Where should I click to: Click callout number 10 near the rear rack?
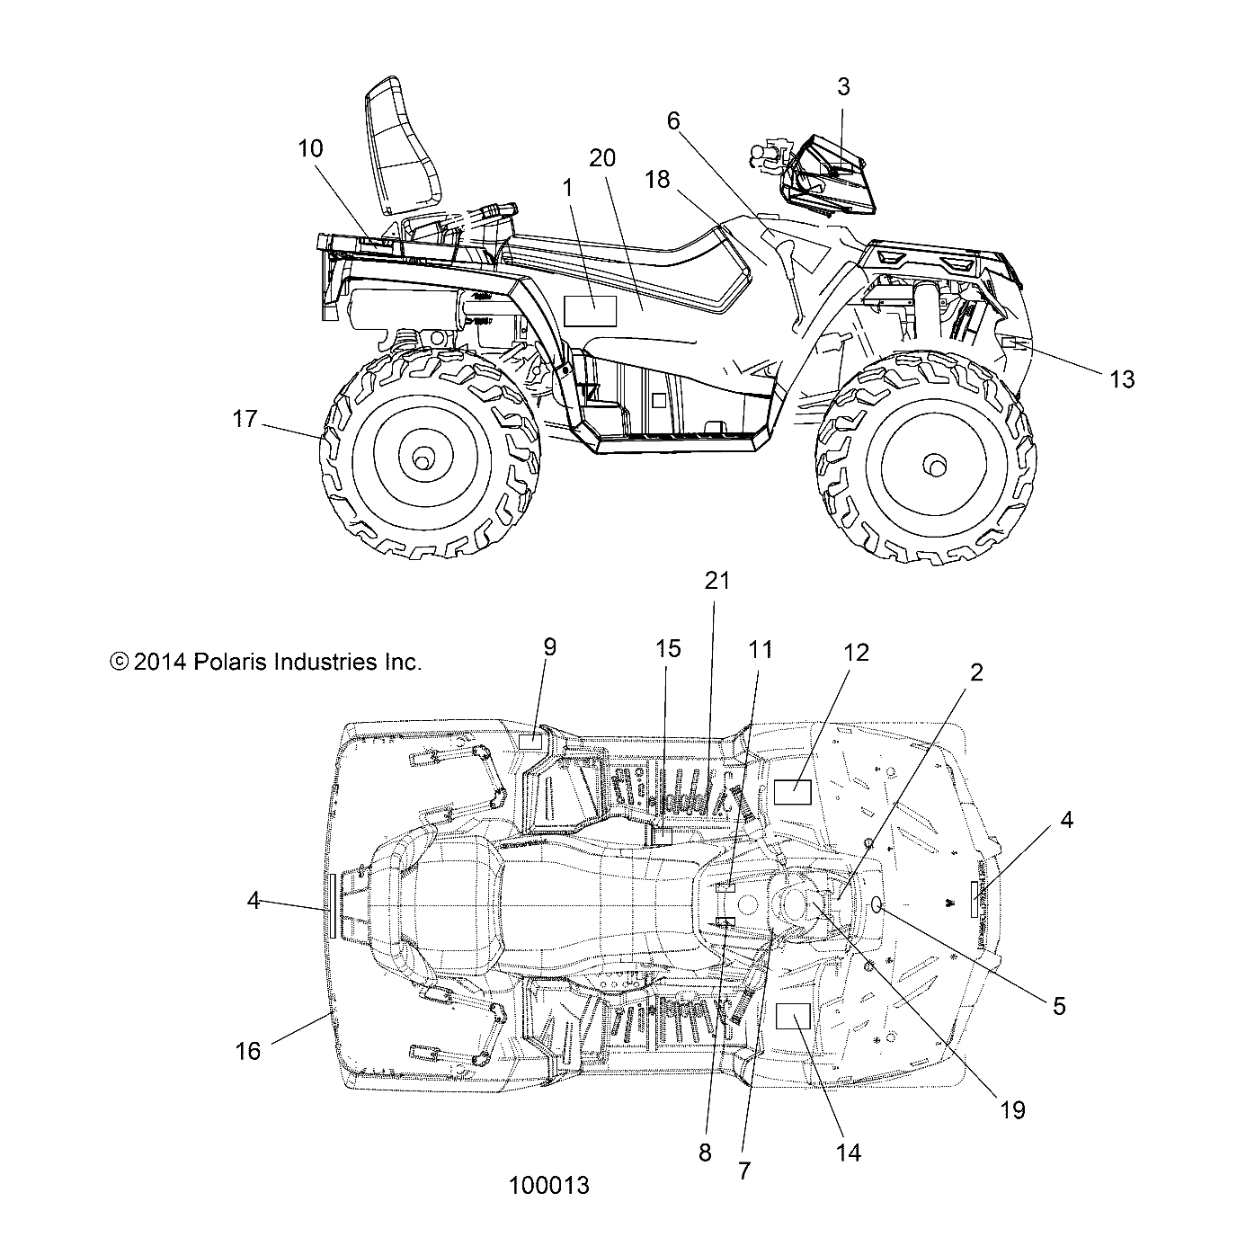tap(310, 148)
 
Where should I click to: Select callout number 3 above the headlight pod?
tap(842, 87)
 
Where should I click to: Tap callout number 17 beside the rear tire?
tap(245, 419)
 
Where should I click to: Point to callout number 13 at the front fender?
tap(1122, 379)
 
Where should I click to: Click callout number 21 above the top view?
tap(717, 581)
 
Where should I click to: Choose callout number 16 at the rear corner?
tap(248, 1050)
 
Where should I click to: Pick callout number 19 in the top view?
tap(1012, 1110)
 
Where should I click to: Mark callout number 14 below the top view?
tap(849, 1153)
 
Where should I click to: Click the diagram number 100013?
tap(548, 1186)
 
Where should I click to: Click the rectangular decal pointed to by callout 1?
tap(590, 310)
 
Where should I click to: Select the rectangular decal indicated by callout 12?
tap(793, 792)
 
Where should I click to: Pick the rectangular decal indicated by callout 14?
tap(793, 1016)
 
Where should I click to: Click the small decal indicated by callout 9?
tap(531, 741)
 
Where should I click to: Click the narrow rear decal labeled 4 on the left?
tap(333, 905)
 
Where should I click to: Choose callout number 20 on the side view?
tap(602, 158)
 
